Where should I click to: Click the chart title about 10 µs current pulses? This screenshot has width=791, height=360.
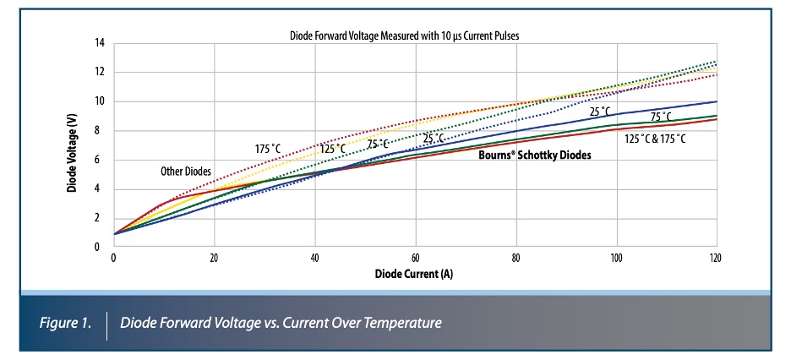413,35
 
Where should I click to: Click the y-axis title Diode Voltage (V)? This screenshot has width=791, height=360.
74,145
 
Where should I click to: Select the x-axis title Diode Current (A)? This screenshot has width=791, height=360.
413,275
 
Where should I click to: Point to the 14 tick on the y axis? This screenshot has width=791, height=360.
100,43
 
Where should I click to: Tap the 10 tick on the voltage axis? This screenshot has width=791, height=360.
100,101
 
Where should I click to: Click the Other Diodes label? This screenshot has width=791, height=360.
186,172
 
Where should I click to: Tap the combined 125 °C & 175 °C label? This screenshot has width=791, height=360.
655,138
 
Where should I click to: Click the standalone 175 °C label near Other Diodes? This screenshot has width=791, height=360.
271,149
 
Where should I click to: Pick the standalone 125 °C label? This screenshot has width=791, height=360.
331,149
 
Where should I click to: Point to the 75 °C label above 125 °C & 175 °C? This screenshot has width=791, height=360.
661,117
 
